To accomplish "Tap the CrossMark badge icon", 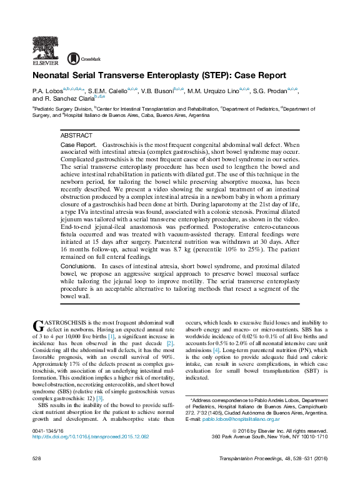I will click(x=73, y=59).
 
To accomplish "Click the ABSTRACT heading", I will click(x=76, y=136).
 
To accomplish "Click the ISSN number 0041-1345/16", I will click(x=47, y=431).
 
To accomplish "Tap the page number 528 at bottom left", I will click(x=36, y=458).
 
